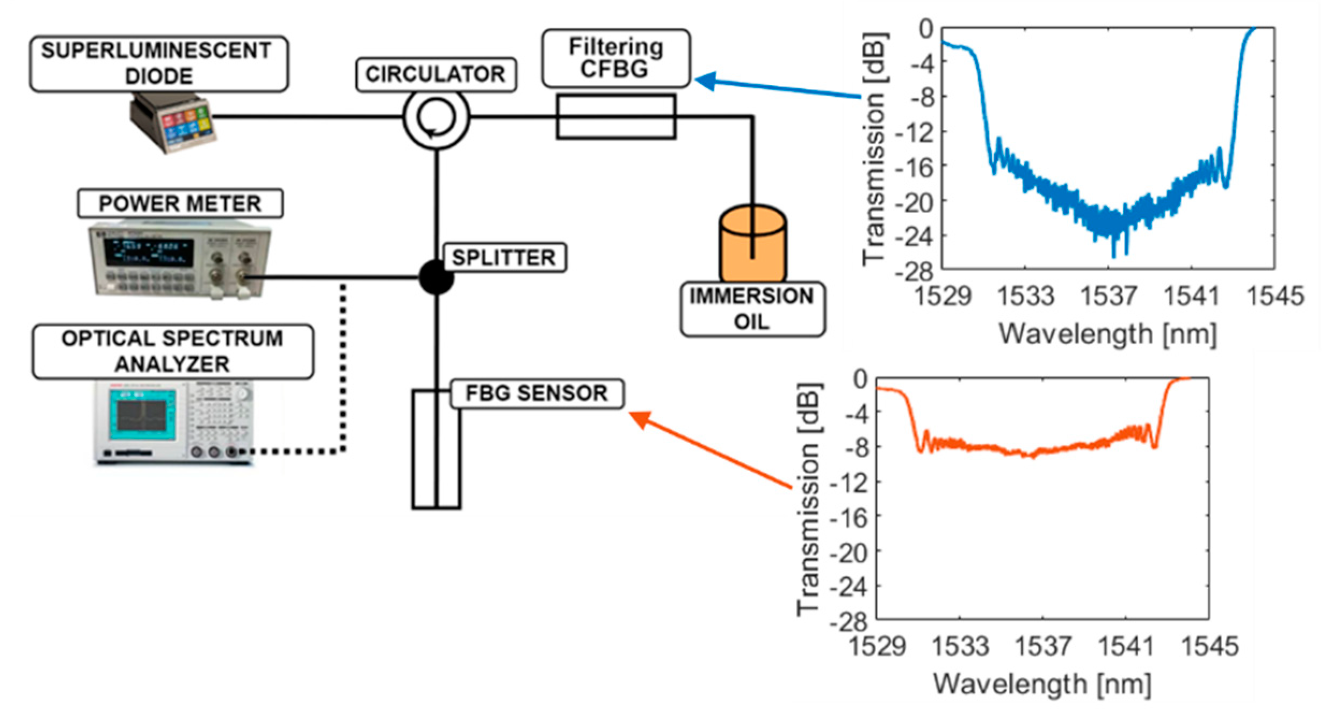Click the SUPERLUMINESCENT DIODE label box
(158, 63)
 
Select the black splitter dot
(436, 277)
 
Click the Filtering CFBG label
(616, 58)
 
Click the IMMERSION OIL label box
(752, 309)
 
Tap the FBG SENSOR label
(536, 393)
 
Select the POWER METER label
(180, 204)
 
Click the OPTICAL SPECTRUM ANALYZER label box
(172, 351)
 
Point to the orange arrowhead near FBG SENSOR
(640, 419)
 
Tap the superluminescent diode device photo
(172, 124)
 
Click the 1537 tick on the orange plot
(1042, 646)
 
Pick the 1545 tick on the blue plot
(1274, 296)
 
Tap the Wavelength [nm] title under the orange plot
(1042, 684)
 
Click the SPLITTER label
(503, 258)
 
